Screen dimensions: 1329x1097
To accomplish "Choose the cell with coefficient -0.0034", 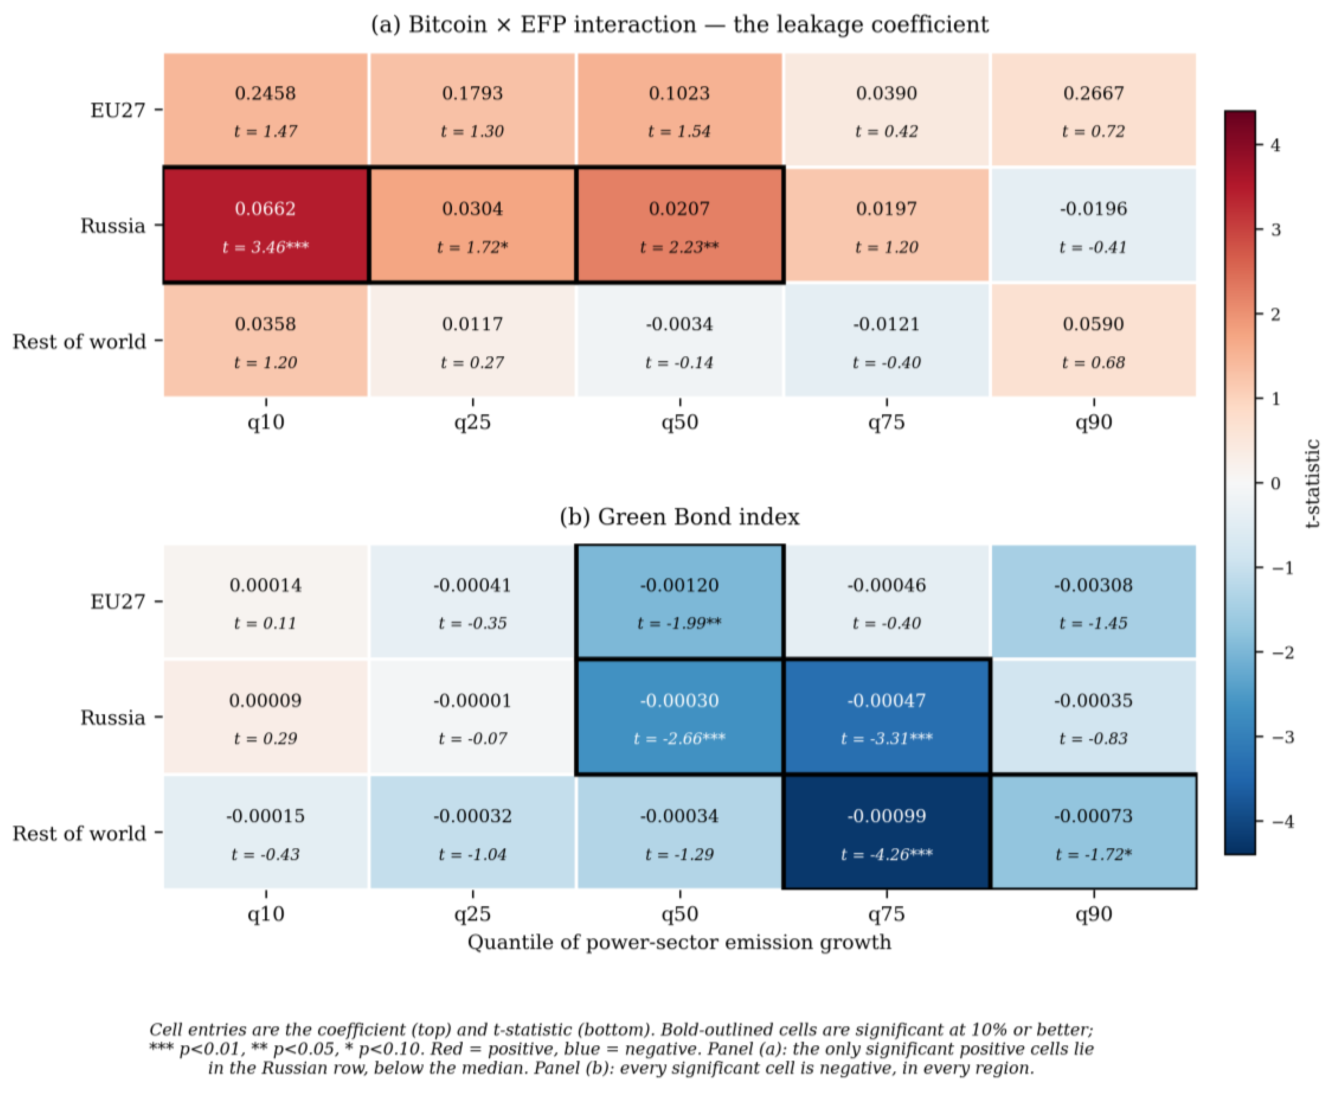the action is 680,341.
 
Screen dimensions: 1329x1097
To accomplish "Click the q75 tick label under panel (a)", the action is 886,422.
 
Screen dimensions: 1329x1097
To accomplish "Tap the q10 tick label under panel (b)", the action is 266,914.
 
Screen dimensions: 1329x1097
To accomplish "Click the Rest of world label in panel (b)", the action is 79,833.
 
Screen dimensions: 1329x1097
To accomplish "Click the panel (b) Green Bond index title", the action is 680,517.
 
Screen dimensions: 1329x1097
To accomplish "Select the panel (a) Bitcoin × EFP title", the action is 680,24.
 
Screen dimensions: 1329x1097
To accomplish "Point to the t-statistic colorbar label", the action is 1312,483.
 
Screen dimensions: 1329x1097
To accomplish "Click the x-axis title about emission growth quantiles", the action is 680,942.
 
